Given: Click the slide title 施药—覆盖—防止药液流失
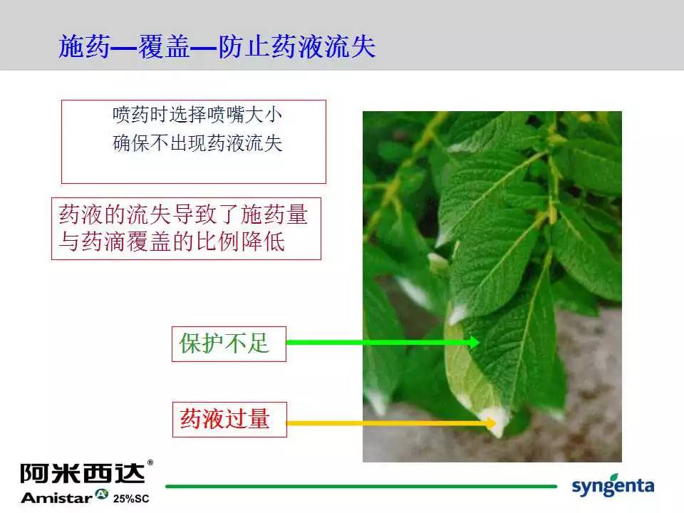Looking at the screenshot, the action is coord(217,46).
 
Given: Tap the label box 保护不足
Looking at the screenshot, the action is coord(229,343).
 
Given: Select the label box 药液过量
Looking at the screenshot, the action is coord(229,419).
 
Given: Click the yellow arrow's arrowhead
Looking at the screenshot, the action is coord(490,423).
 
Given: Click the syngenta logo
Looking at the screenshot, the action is coord(613,485).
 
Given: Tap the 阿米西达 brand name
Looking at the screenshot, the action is coord(82,473).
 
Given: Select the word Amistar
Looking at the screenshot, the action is coord(57,498).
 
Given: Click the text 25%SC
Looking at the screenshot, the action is coord(131,499).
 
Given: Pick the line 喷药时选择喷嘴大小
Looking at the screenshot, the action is coord(197,115).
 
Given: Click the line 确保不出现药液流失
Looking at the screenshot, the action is coord(197,143).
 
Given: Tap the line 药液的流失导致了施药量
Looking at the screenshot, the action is coord(183,214).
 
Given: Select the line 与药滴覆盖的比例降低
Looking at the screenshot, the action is coord(172,242).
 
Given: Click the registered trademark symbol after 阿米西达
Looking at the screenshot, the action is coord(150,462).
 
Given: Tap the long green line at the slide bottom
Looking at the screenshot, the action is coord(361,486).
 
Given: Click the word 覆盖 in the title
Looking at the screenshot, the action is coord(164,46).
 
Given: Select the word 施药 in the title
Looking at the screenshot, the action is coord(84,46).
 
